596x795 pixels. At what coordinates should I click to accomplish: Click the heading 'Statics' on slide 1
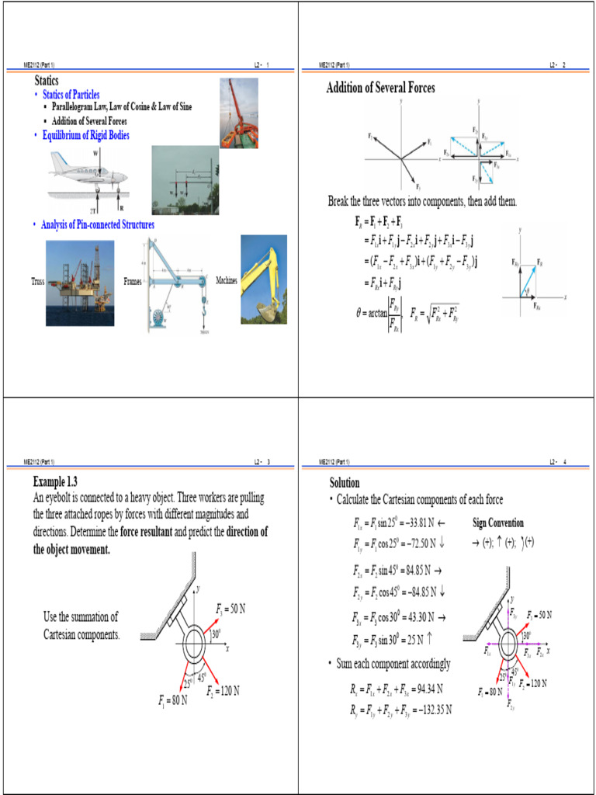pos(47,81)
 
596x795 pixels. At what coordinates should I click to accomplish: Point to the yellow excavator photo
pos(263,279)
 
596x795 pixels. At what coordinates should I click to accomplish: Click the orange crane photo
pos(238,113)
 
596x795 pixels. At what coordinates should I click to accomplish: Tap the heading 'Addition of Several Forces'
pos(380,89)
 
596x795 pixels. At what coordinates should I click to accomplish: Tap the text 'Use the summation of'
pos(81,617)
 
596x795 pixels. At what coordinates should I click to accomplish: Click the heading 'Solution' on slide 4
pos(345,482)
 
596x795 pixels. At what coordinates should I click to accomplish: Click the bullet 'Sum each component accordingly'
pos(393,664)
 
